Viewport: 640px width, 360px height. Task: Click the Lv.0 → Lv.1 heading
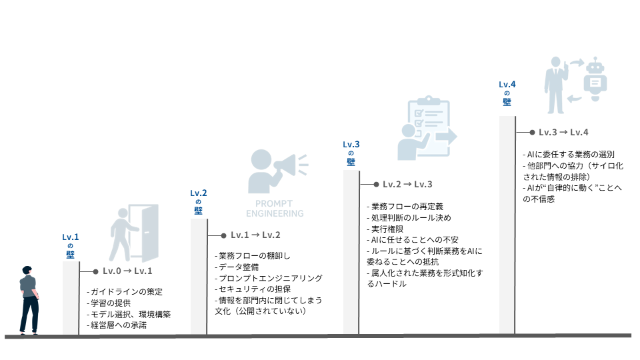(x=127, y=271)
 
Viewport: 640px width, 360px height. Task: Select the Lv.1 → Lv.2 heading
(x=255, y=235)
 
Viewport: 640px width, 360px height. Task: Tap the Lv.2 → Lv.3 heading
(x=407, y=184)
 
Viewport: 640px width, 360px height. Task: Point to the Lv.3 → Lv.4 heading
(x=563, y=133)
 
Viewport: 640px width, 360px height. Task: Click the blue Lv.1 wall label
(x=71, y=244)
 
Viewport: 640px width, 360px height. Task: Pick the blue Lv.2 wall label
(x=198, y=201)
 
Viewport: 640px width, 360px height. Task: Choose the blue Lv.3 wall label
(x=351, y=153)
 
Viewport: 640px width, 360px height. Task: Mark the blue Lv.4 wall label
(x=507, y=93)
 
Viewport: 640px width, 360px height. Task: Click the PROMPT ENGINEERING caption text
(x=275, y=209)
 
